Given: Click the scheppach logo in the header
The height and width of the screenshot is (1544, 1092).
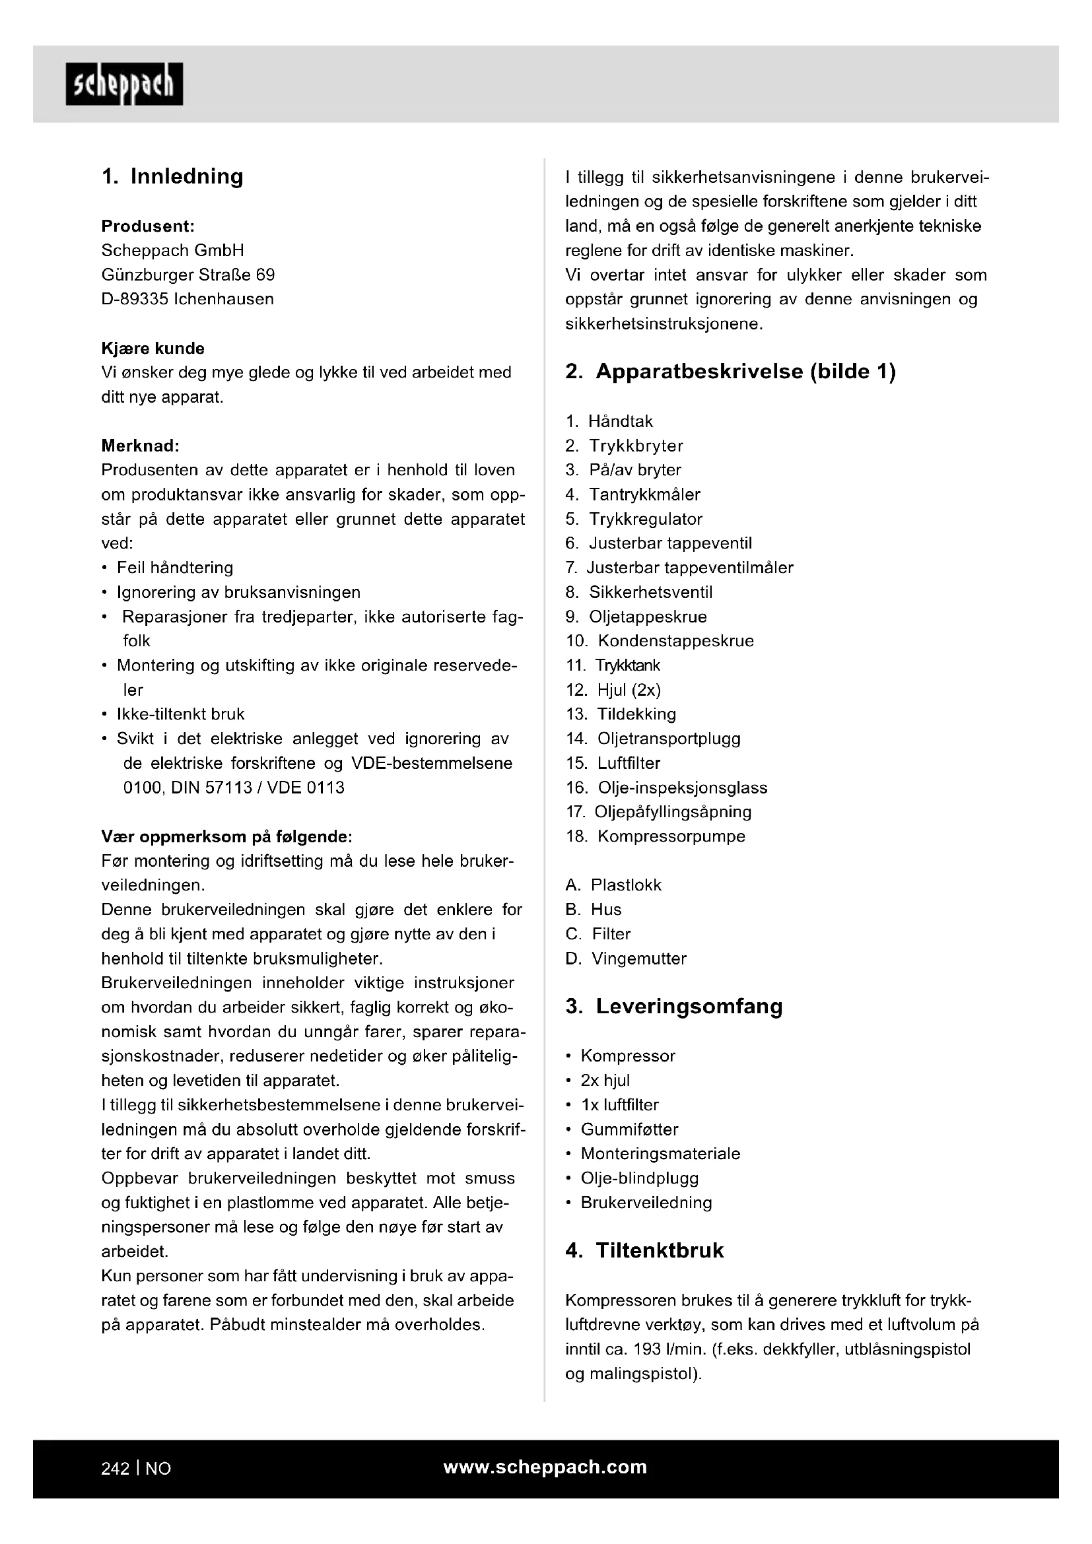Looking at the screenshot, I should pyautogui.click(x=124, y=84).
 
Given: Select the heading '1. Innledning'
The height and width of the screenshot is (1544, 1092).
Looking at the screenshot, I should pyautogui.click(x=172, y=176).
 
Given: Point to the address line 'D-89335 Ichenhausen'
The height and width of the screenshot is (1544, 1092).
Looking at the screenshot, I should pyautogui.click(x=188, y=299).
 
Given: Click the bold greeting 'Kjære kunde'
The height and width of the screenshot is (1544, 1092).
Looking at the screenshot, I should pyautogui.click(x=153, y=349).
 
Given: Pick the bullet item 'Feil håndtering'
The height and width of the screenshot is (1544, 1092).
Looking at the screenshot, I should pyautogui.click(x=175, y=568).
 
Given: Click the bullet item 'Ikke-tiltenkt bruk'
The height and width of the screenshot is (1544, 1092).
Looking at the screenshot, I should pyautogui.click(x=180, y=714).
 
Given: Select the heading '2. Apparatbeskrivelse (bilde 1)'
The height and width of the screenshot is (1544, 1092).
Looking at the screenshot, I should pyautogui.click(x=730, y=372).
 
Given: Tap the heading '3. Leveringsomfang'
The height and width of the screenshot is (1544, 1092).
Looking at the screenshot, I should pyautogui.click(x=674, y=1007).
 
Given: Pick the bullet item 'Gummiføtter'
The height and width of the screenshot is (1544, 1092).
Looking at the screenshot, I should pyautogui.click(x=629, y=1129).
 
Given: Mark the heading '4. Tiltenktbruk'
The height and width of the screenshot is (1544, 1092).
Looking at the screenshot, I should pyautogui.click(x=644, y=1251).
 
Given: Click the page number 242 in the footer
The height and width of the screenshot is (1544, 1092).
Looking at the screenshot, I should pyautogui.click(x=115, y=1469).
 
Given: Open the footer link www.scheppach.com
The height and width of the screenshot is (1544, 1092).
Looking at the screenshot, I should pyautogui.click(x=545, y=1467).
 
